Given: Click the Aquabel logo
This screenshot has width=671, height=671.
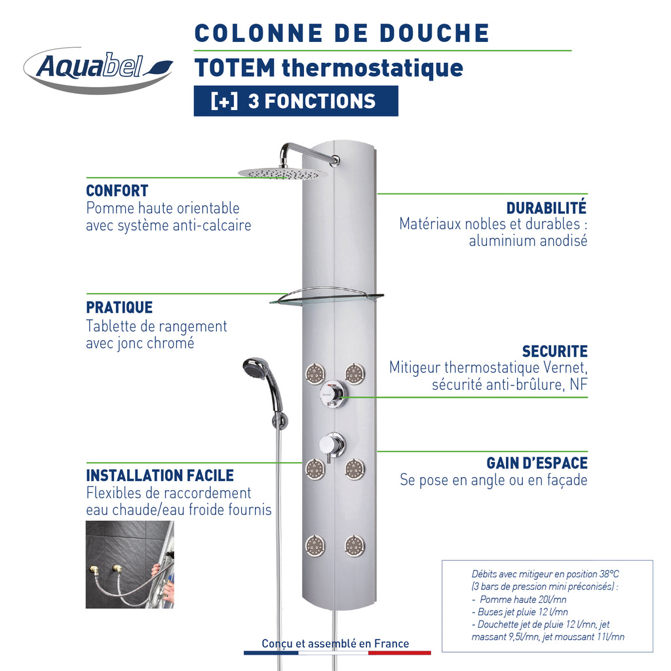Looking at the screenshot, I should [x=98, y=69].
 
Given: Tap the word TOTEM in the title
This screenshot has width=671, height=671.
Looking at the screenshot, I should [x=235, y=67].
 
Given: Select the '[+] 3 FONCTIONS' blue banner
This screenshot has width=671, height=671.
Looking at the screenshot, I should [x=296, y=101].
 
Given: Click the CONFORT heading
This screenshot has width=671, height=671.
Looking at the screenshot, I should [x=117, y=191].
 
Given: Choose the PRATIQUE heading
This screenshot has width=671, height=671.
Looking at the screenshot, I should [x=119, y=307].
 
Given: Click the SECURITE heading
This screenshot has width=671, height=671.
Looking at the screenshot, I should [x=554, y=351].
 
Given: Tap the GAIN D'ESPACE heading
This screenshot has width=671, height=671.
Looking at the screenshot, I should [x=537, y=463].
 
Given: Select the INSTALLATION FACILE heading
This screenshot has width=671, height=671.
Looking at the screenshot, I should [x=160, y=475].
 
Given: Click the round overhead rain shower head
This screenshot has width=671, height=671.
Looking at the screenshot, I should [x=282, y=172].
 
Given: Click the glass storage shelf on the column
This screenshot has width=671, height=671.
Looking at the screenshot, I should [x=326, y=299].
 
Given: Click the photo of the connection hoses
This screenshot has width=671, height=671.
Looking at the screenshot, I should [x=130, y=565].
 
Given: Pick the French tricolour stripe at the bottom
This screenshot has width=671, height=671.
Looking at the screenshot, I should [x=337, y=653].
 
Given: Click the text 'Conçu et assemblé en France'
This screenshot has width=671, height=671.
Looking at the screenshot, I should [x=335, y=643].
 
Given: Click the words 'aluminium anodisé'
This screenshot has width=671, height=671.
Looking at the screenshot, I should [x=527, y=240].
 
